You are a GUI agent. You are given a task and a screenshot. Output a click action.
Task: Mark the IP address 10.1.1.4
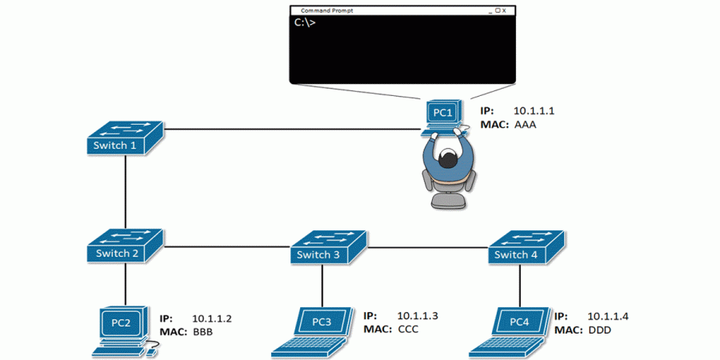coord(608,316)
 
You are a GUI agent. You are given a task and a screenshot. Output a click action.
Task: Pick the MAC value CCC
coord(408,329)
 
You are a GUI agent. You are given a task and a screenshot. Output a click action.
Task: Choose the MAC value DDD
coord(600,330)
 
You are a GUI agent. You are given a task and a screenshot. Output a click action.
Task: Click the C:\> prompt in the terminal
coord(305,22)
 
